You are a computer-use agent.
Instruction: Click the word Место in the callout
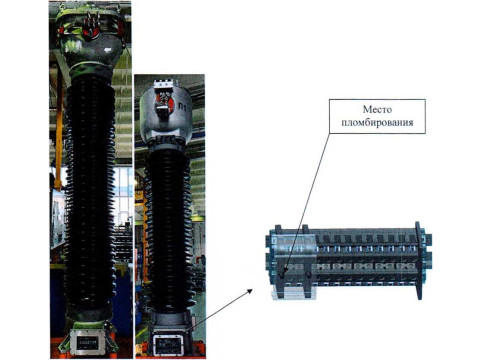377,110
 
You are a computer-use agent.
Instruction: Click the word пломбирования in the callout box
377,122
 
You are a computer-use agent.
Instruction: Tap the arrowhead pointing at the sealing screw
282,273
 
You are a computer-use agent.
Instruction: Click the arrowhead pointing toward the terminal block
249,291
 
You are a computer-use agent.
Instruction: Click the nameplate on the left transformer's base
88,342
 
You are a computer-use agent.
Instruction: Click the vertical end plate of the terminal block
419,261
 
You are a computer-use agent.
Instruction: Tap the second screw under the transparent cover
309,275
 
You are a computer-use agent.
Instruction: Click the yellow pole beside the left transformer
59,127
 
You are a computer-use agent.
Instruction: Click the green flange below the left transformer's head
90,70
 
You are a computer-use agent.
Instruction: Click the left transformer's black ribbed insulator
90,193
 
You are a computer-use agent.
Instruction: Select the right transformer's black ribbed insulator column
169,230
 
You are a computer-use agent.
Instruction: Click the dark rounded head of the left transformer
91,42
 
